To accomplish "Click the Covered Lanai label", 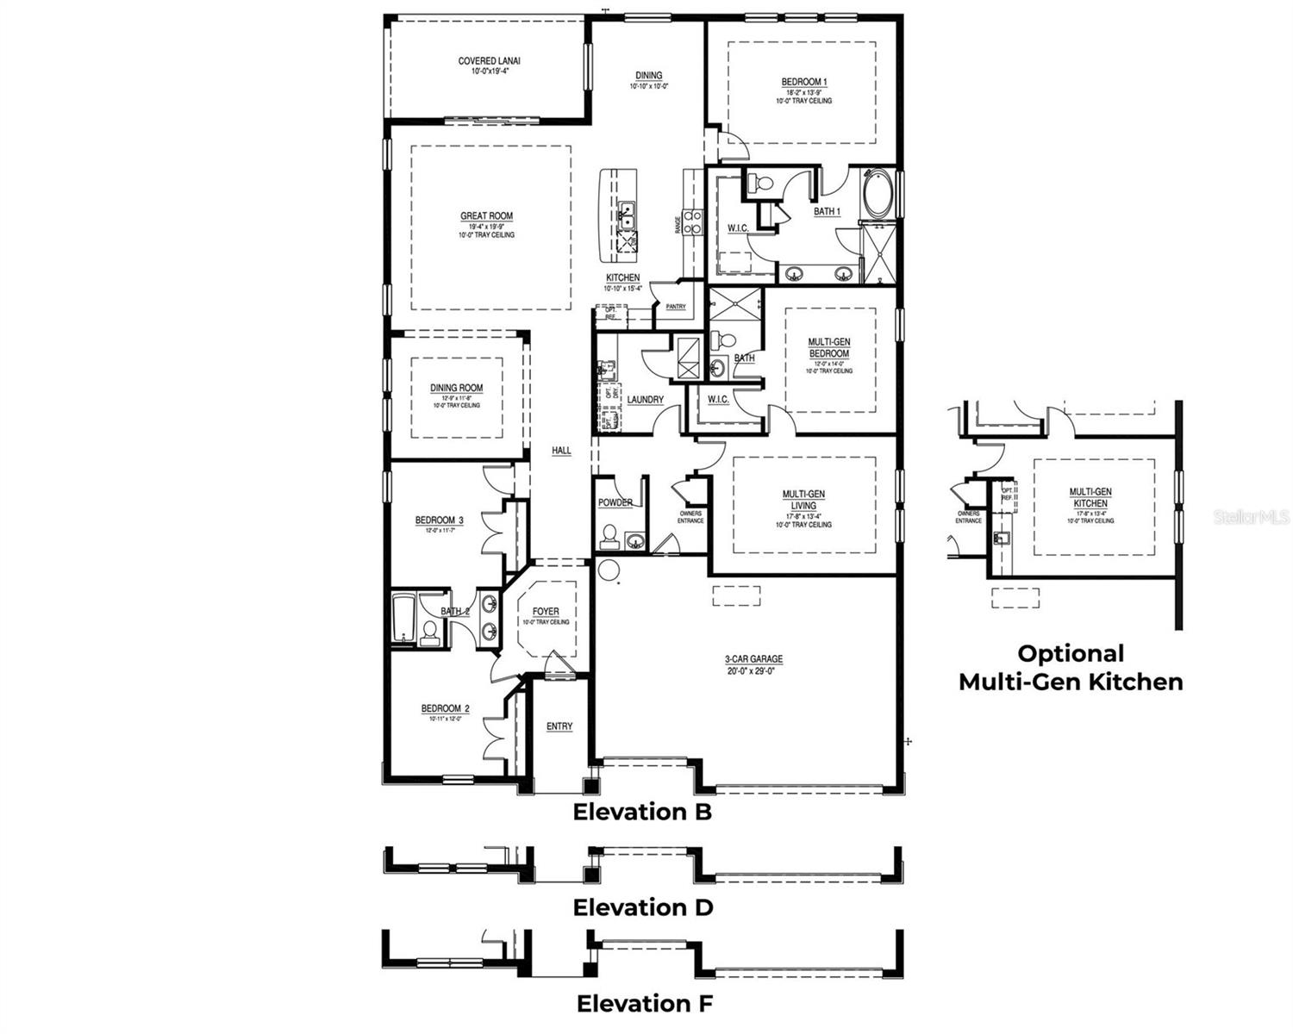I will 489,61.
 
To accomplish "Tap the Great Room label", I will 486,216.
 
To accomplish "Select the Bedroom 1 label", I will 803,83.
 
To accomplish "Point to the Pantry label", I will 676,307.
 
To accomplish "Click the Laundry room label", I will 645,400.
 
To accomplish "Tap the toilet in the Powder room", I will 609,537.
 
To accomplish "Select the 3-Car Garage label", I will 753,659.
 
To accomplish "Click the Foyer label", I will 545,612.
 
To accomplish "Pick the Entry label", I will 559,726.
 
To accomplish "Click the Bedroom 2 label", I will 445,709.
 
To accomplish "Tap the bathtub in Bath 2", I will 403,617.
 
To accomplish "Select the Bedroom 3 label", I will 439,520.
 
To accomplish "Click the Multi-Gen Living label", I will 803,500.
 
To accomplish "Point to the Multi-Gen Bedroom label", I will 828,348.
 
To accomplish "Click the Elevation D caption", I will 643,907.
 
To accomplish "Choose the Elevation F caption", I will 645,1004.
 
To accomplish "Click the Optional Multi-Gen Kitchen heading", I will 1071,668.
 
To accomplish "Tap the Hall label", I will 561,451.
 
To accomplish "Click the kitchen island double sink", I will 625,212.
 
